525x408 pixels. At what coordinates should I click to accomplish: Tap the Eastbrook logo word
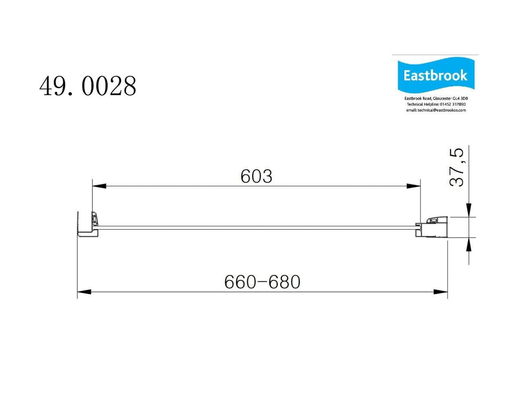coord(435,76)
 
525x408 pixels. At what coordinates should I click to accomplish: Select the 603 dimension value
coord(256,176)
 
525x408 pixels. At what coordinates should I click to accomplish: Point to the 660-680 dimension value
coord(262,282)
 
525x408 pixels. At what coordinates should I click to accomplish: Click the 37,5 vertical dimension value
coord(457,167)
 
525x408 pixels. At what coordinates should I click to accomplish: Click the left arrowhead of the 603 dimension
coord(99,186)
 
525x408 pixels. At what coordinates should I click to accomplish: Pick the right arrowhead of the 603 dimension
coord(413,186)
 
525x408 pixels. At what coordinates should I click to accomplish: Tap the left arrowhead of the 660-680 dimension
coord(84,292)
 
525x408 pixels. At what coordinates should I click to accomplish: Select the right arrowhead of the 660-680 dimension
coord(440,292)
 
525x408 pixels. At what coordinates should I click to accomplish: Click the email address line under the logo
coord(435,110)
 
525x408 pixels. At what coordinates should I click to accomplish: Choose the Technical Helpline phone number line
coord(435,104)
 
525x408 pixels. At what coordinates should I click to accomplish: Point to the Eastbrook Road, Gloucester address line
coord(435,99)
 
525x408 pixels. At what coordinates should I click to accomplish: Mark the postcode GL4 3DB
coord(460,99)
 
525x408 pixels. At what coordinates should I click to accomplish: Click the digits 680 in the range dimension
coord(284,282)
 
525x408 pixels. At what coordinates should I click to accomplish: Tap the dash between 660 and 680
coord(262,283)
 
